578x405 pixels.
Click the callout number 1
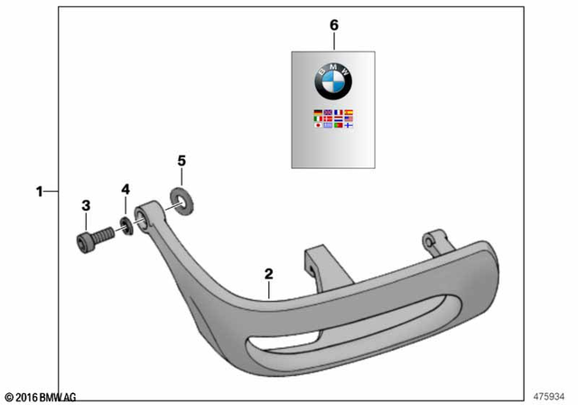(x=40, y=191)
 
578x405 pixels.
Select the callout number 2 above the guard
(x=268, y=272)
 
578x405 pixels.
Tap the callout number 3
(x=86, y=206)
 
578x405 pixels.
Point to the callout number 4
(x=126, y=189)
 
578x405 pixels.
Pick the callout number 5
(x=182, y=161)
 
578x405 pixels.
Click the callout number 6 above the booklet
(x=333, y=25)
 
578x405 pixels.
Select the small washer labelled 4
(x=127, y=227)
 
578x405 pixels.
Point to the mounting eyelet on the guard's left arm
(x=144, y=215)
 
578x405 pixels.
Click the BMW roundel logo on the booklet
(x=332, y=83)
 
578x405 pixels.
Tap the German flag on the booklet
(x=317, y=115)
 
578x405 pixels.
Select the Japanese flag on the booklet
(x=317, y=126)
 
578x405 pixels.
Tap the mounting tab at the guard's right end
(x=435, y=243)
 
